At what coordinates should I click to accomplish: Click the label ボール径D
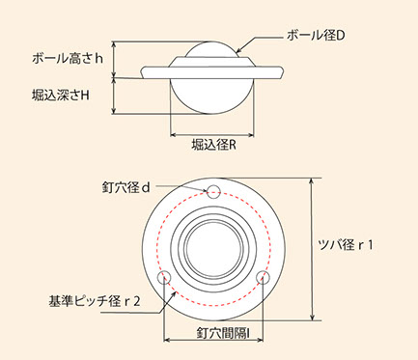pos(316,36)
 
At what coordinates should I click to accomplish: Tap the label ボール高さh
pos(68,59)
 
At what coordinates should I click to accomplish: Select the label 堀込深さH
pos(61,96)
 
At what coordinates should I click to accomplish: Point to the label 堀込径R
pos(214,145)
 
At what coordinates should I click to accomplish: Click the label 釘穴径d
pos(126,187)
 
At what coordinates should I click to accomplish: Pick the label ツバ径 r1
pos(346,245)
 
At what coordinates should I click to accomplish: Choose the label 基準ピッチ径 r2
pos(95,301)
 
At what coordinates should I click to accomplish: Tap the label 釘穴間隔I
pos(223,333)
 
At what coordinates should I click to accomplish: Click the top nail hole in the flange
pos(213,192)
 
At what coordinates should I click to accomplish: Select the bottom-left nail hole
pos(164,277)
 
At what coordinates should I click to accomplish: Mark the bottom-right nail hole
pos(263,277)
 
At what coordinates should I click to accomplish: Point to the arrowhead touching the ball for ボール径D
pos(238,51)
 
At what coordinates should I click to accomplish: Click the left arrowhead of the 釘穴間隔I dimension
pos(167,340)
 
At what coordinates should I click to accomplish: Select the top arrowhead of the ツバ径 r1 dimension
pos(312,181)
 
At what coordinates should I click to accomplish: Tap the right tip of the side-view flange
pos(284,70)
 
